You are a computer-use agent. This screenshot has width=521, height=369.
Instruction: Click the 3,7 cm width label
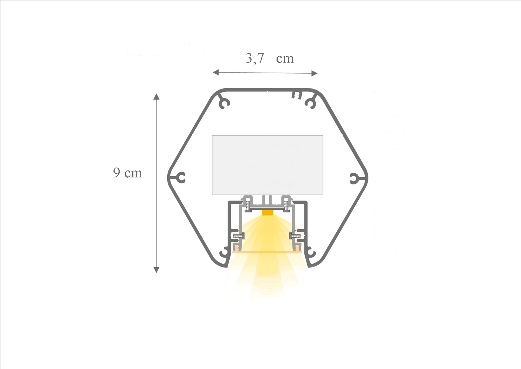click(x=270, y=58)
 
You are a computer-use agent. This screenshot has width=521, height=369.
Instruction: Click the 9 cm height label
click(x=128, y=173)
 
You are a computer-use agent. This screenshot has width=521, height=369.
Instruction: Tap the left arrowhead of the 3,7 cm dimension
click(x=216, y=73)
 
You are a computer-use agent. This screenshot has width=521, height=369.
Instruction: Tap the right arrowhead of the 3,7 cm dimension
click(x=314, y=73)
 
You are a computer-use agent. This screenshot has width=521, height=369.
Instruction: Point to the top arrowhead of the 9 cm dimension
click(x=156, y=96)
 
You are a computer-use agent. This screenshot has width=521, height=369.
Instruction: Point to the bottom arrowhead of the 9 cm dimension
click(x=156, y=270)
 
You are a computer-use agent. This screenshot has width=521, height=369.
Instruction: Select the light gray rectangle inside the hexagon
click(x=268, y=165)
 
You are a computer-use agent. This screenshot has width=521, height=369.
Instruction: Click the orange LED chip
click(x=267, y=213)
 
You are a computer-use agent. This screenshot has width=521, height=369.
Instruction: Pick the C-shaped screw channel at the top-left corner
click(x=225, y=103)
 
